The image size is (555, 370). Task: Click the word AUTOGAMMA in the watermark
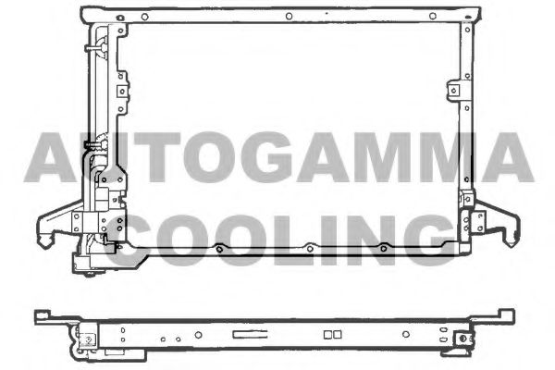tap(277, 157)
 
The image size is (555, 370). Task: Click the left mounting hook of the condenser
tap(51, 227)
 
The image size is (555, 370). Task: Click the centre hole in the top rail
tap(289, 16)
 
